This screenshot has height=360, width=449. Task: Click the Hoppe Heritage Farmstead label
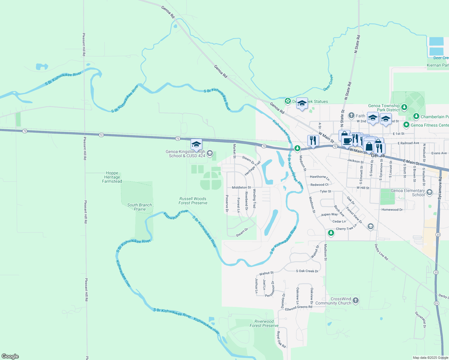click(112, 177)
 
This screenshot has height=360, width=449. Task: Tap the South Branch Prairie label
click(140, 207)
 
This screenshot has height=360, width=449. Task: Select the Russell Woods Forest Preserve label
click(193, 201)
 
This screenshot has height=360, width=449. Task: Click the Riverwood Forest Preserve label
click(264, 323)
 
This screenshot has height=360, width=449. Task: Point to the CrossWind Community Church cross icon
click(356, 301)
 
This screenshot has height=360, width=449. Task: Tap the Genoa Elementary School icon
click(429, 192)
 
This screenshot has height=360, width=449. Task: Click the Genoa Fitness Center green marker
click(406, 124)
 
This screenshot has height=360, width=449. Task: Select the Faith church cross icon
click(351, 115)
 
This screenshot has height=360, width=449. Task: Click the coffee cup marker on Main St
click(347, 141)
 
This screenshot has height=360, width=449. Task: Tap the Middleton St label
click(241, 187)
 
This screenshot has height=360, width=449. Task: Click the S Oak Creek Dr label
click(307, 271)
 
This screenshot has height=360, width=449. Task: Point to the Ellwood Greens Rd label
click(299, 308)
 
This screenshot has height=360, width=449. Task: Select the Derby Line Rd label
click(381, 252)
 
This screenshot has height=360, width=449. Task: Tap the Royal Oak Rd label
click(281, 340)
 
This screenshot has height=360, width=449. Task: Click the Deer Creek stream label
click(328, 83)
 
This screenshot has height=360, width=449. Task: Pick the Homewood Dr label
click(392, 210)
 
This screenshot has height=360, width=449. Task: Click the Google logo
click(10, 356)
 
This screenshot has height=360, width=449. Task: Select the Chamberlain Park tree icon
click(416, 116)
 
